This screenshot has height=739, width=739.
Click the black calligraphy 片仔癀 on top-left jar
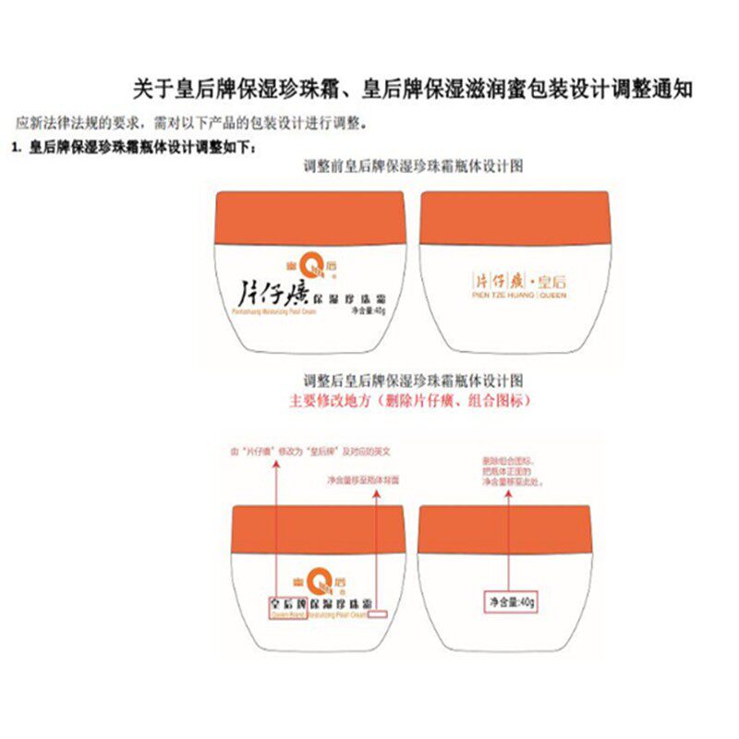[x=267, y=296]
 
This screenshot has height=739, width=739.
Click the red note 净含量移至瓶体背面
[x=362, y=480]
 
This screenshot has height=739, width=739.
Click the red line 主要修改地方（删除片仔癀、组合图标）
[x=410, y=402]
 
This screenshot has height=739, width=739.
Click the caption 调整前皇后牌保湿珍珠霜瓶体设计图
[x=414, y=166]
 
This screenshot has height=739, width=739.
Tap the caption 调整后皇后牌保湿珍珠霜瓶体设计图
[x=414, y=381]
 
